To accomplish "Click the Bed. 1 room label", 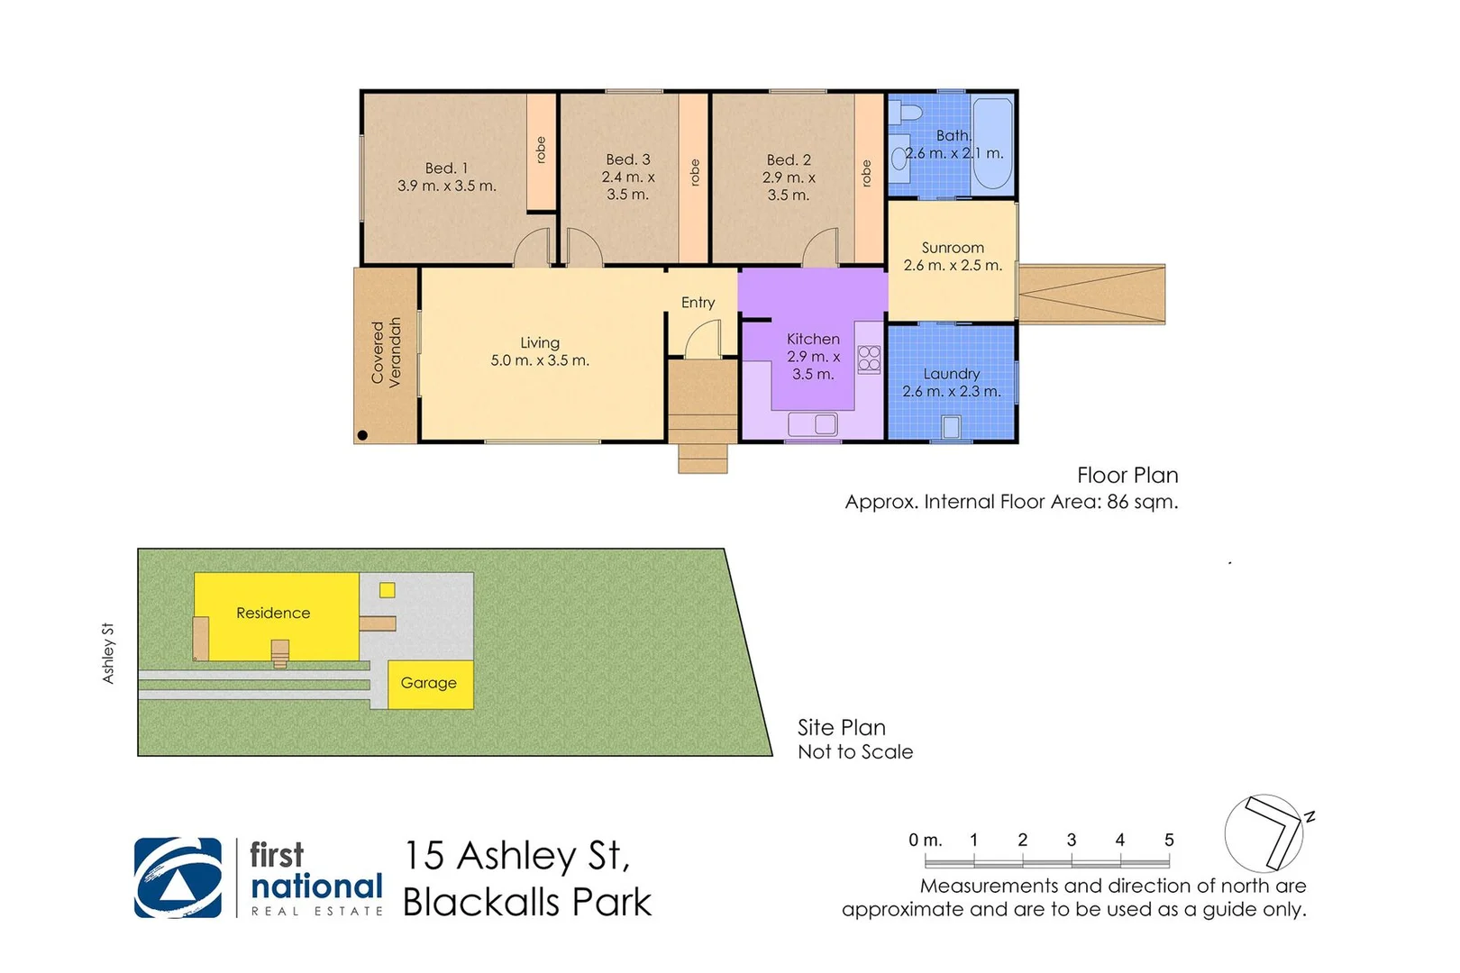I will pyautogui.click(x=446, y=168).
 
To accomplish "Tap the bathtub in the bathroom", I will pyautogui.click(x=992, y=144).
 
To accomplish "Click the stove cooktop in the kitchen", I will pyautogui.click(x=869, y=359).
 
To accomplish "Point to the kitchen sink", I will pyautogui.click(x=813, y=423).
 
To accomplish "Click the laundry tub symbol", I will pyautogui.click(x=951, y=427).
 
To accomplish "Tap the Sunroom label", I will pyautogui.click(x=953, y=248).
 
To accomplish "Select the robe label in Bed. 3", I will pyautogui.click(x=694, y=173).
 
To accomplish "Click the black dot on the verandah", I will pyautogui.click(x=362, y=435).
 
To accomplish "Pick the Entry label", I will pyautogui.click(x=698, y=303).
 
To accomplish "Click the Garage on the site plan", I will pyautogui.click(x=429, y=684).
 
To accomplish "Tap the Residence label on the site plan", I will pyautogui.click(x=273, y=614).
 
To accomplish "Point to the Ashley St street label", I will pyautogui.click(x=108, y=653).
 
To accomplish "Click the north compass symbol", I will pyautogui.click(x=1265, y=833).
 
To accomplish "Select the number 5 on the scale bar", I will pyautogui.click(x=1168, y=840).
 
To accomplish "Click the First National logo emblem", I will pyautogui.click(x=178, y=878).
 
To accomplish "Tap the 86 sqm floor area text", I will pyautogui.click(x=1141, y=502).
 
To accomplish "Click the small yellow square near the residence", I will pyautogui.click(x=388, y=591).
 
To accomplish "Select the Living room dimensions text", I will pyautogui.click(x=540, y=360).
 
